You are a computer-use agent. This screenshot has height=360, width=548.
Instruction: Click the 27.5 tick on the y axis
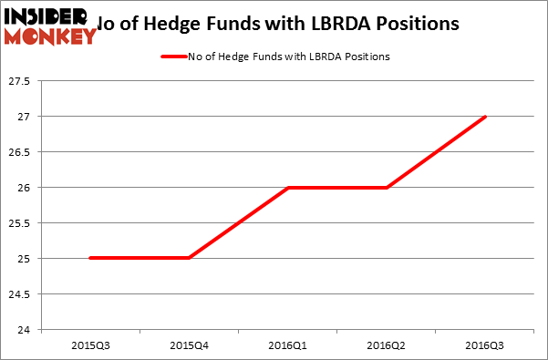tap(20, 82)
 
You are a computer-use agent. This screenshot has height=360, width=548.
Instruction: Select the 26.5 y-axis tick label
tap(20, 152)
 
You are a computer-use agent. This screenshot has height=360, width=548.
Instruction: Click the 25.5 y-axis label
tap(20, 223)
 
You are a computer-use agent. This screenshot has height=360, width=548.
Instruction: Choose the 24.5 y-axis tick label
tap(20, 294)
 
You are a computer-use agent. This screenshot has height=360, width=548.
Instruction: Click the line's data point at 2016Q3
tap(485, 117)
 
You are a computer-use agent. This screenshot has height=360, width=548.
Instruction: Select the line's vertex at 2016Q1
tap(287, 188)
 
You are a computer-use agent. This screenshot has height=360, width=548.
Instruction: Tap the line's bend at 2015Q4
tap(189, 258)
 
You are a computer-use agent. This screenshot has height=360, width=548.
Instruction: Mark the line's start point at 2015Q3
tap(89, 258)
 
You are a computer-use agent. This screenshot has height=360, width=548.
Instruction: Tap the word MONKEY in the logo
tap(51, 36)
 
